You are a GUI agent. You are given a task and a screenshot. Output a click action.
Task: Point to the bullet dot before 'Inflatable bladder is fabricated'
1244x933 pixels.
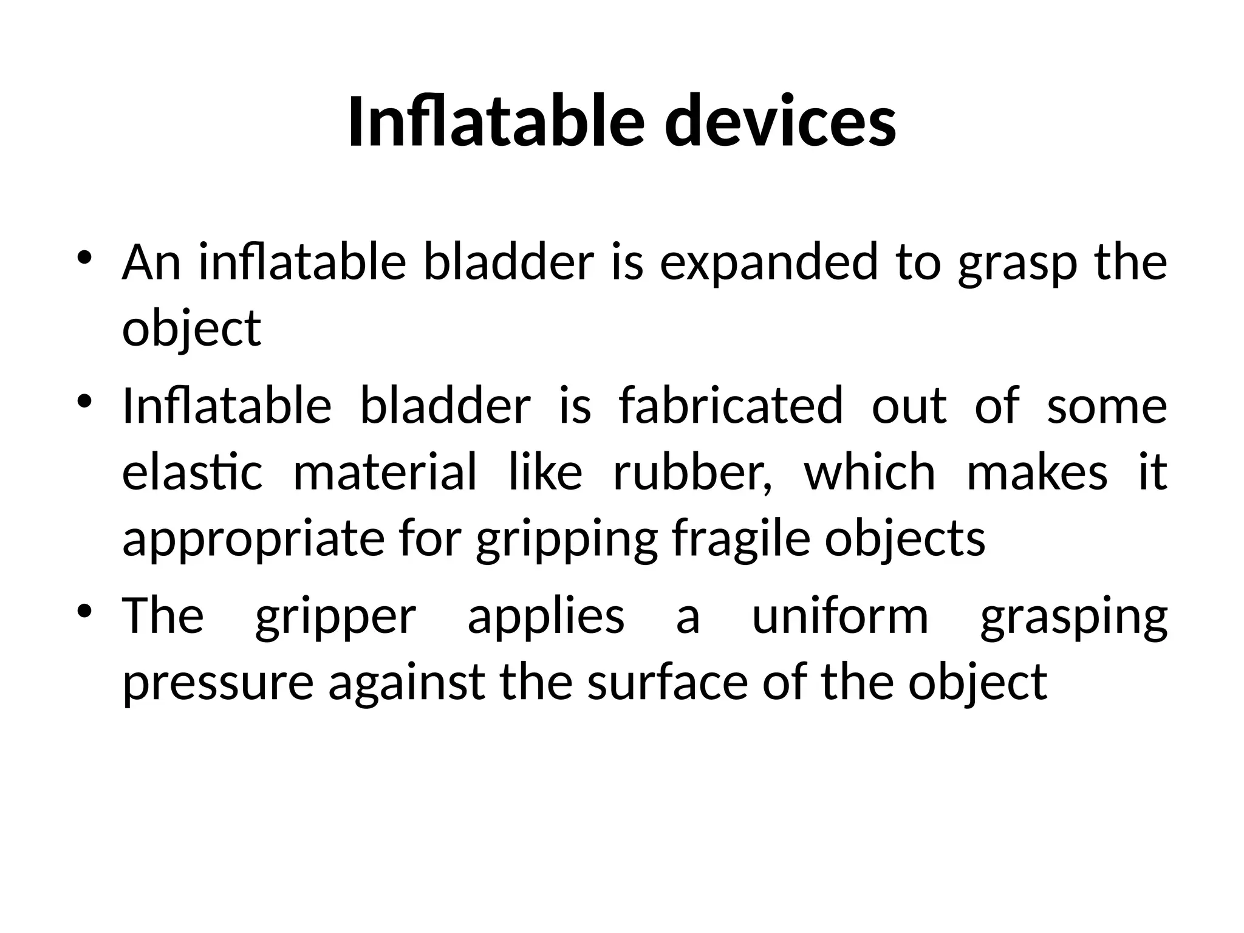(84, 400)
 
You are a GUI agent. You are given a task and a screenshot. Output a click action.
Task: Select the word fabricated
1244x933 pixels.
(731, 406)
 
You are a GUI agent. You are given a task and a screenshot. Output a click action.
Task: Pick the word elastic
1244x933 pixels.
(192, 473)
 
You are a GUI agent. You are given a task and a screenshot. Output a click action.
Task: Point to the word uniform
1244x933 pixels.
(840, 616)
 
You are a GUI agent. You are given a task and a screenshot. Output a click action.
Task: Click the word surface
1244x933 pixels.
(667, 682)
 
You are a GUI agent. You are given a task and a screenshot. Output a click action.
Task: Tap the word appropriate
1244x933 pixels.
(253, 539)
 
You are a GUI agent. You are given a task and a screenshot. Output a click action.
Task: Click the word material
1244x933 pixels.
(385, 473)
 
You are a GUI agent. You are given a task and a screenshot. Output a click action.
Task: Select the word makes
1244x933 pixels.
(1037, 473)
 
